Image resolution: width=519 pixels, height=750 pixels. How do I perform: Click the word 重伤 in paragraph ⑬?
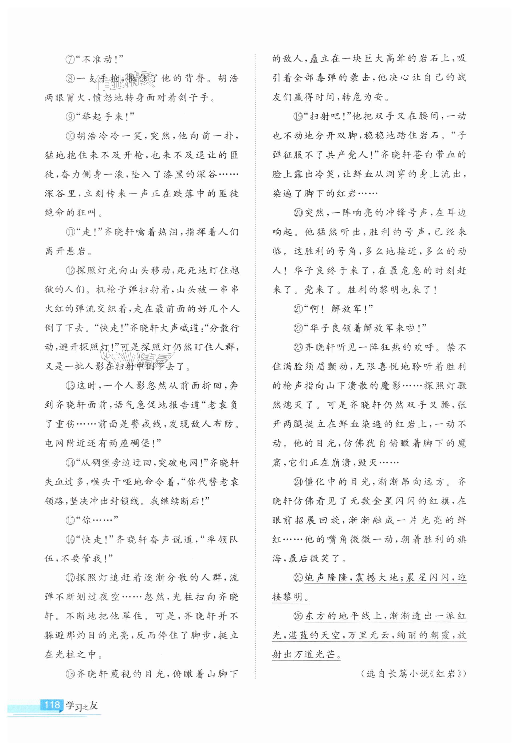tap(64, 424)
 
